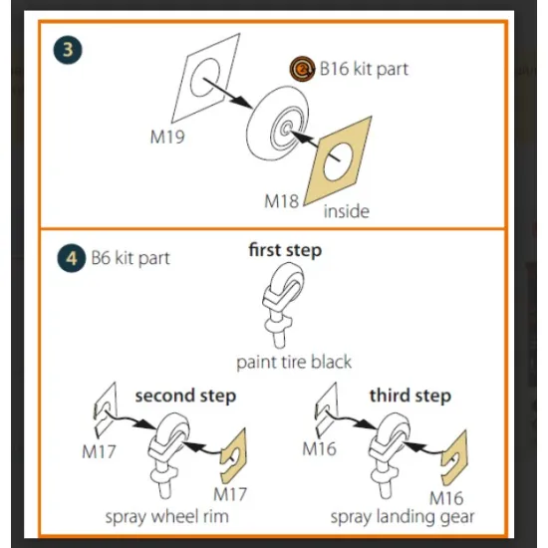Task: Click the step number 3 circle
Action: [x=68, y=50]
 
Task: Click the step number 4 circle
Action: [x=72, y=258]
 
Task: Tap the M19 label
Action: [x=167, y=137]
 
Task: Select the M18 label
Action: [x=282, y=201]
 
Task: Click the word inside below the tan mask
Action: [x=347, y=211]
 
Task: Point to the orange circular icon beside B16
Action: [x=302, y=69]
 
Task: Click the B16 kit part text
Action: [x=364, y=69]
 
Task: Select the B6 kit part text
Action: [x=131, y=258]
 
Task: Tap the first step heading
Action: [x=285, y=250]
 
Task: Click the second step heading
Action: [x=185, y=396]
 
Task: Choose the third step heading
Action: [x=411, y=396]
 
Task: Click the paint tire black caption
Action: [x=294, y=362]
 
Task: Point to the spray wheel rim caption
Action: [x=167, y=516]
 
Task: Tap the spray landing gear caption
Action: [x=403, y=517]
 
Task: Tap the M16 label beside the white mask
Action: [x=319, y=448]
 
